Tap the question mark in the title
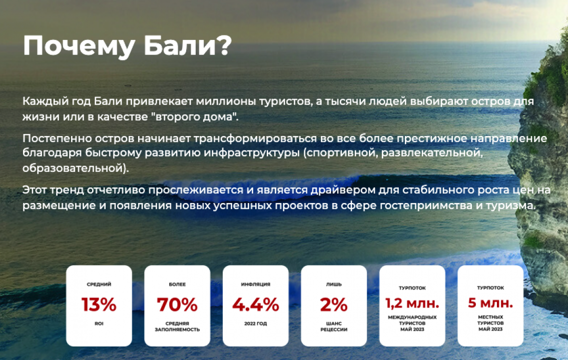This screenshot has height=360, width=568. click(x=224, y=45)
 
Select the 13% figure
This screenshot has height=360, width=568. click(x=99, y=304)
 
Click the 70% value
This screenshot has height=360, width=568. click(x=177, y=304)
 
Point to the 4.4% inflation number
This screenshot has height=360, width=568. click(x=256, y=304)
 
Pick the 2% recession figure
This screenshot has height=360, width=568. click(x=334, y=304)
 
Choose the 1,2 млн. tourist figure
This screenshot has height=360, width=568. click(x=412, y=303)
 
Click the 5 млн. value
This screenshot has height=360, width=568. click(x=490, y=303)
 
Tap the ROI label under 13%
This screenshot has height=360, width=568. click(x=99, y=323)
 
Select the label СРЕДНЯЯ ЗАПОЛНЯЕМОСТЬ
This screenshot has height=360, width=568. click(x=177, y=326)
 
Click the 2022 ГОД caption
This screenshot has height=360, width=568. click(x=255, y=323)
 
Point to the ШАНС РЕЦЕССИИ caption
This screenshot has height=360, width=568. click(x=334, y=326)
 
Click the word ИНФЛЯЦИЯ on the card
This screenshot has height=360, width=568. click(x=255, y=284)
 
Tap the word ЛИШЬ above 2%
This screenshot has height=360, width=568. click(x=334, y=284)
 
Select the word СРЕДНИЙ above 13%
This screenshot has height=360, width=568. click(x=99, y=284)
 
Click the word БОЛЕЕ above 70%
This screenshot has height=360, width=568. click(x=177, y=284)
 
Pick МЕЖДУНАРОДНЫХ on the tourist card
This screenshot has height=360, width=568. click(x=412, y=317)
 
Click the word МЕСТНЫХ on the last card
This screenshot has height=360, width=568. click(x=490, y=317)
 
